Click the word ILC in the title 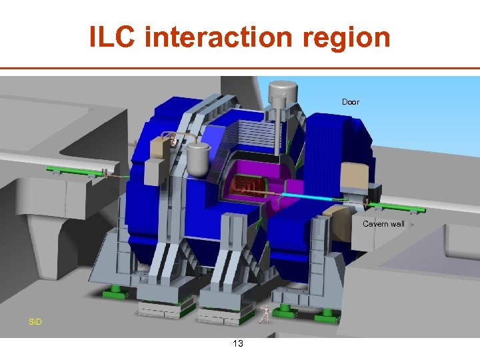112,36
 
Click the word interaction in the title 219,36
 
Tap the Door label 351,101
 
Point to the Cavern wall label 383,224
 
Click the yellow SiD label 35,322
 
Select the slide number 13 238,343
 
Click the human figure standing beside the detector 265,314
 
